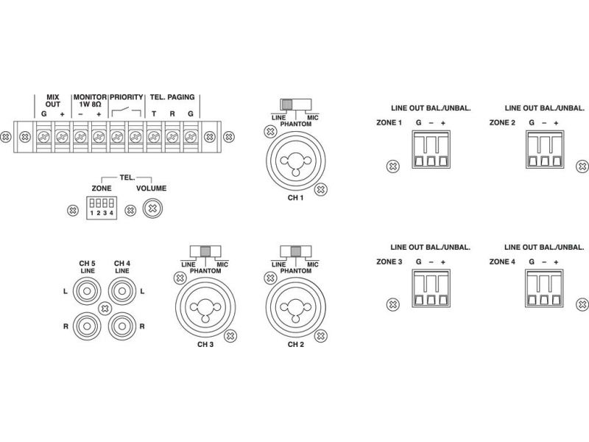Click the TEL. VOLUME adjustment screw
coord(152,209)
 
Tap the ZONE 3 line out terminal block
coord(429,290)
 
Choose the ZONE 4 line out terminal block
coord(543,290)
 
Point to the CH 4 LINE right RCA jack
coord(119,324)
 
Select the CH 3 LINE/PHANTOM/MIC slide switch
coord(204,250)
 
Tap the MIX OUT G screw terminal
coord(43,136)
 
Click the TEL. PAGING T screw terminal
coord(153,136)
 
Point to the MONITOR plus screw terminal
coord(98,136)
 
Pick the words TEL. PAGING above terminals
coord(172,97)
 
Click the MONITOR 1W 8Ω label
coord(89,101)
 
